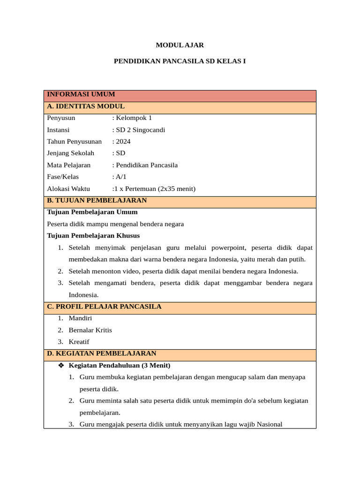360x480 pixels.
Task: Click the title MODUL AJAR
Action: coord(180,45)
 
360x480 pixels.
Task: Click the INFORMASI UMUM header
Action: coord(81,94)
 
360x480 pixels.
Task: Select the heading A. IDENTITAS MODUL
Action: coord(86,106)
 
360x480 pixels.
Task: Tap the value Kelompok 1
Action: coord(134,118)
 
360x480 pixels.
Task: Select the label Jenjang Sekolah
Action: coord(70,153)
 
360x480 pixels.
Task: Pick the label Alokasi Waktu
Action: coord(68,189)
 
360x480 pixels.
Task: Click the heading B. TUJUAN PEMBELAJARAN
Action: coord(97,201)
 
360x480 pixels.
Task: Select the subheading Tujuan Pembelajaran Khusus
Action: coord(93,236)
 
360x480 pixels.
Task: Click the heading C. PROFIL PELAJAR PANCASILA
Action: coord(104,307)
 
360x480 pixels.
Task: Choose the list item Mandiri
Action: coord(80,318)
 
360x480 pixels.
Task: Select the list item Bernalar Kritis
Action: coord(90,330)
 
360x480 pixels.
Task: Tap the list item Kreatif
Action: coord(79,342)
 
